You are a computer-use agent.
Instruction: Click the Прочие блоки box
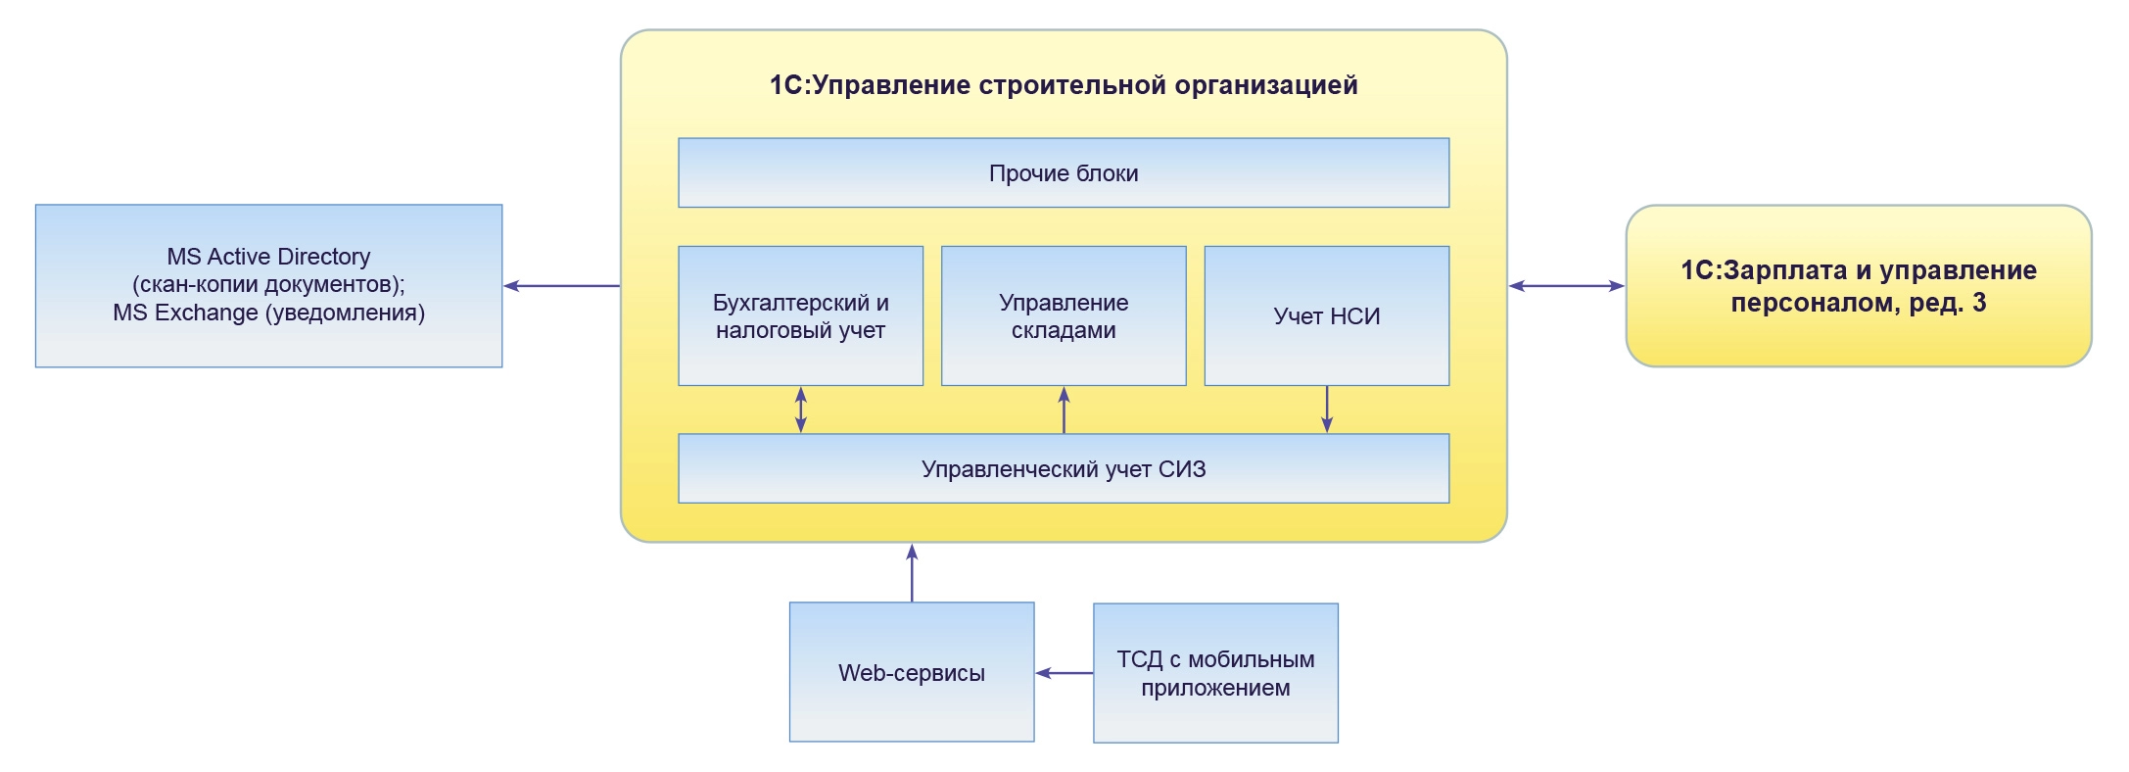click(x=1063, y=173)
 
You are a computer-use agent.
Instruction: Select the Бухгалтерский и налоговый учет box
click(x=800, y=315)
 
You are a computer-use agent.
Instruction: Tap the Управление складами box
click(x=1063, y=315)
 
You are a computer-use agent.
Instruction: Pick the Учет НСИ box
click(x=1326, y=315)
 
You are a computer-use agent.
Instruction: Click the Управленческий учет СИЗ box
click(x=1063, y=469)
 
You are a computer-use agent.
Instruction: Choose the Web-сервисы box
click(x=911, y=672)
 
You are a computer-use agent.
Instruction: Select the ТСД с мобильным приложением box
click(x=1214, y=672)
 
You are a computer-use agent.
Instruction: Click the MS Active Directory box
click(x=268, y=285)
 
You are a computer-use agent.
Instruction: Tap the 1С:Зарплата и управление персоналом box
click(x=1858, y=285)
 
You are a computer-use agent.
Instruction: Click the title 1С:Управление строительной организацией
click(x=1063, y=85)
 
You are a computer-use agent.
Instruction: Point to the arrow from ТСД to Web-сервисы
click(x=1064, y=673)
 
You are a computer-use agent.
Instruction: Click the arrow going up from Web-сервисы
click(x=912, y=572)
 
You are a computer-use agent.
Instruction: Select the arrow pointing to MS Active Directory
click(x=561, y=286)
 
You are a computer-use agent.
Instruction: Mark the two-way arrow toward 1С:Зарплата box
click(x=1566, y=286)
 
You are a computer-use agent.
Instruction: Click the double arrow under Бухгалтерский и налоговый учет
click(x=801, y=410)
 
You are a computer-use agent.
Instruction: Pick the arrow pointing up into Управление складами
click(x=1064, y=410)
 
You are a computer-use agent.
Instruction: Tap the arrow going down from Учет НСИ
click(x=1327, y=410)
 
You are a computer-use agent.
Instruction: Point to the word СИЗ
click(x=1181, y=469)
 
